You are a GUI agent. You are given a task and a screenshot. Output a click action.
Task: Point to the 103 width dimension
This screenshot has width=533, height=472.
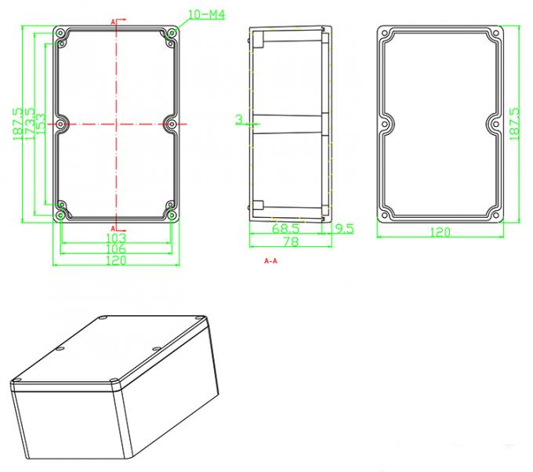click(115, 238)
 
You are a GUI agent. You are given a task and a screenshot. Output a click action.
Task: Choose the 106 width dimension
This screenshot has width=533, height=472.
click(115, 249)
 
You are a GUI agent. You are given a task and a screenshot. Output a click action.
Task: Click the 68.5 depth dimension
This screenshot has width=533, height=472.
click(285, 229)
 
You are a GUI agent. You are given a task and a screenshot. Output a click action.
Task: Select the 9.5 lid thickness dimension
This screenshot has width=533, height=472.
click(344, 229)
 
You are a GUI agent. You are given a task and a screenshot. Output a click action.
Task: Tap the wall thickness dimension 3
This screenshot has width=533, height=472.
click(237, 119)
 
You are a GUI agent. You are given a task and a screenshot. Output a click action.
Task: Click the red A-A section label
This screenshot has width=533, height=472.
click(271, 260)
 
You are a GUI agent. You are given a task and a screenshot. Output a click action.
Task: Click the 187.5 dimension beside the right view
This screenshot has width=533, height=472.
click(515, 124)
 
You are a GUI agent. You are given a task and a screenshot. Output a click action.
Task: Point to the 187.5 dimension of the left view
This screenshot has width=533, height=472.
click(18, 124)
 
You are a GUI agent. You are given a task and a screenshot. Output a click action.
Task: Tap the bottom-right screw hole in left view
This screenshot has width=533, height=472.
click(171, 214)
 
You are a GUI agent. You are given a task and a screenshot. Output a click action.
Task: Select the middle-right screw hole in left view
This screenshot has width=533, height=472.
click(171, 123)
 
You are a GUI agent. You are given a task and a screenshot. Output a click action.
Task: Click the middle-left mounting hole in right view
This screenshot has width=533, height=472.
click(386, 123)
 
